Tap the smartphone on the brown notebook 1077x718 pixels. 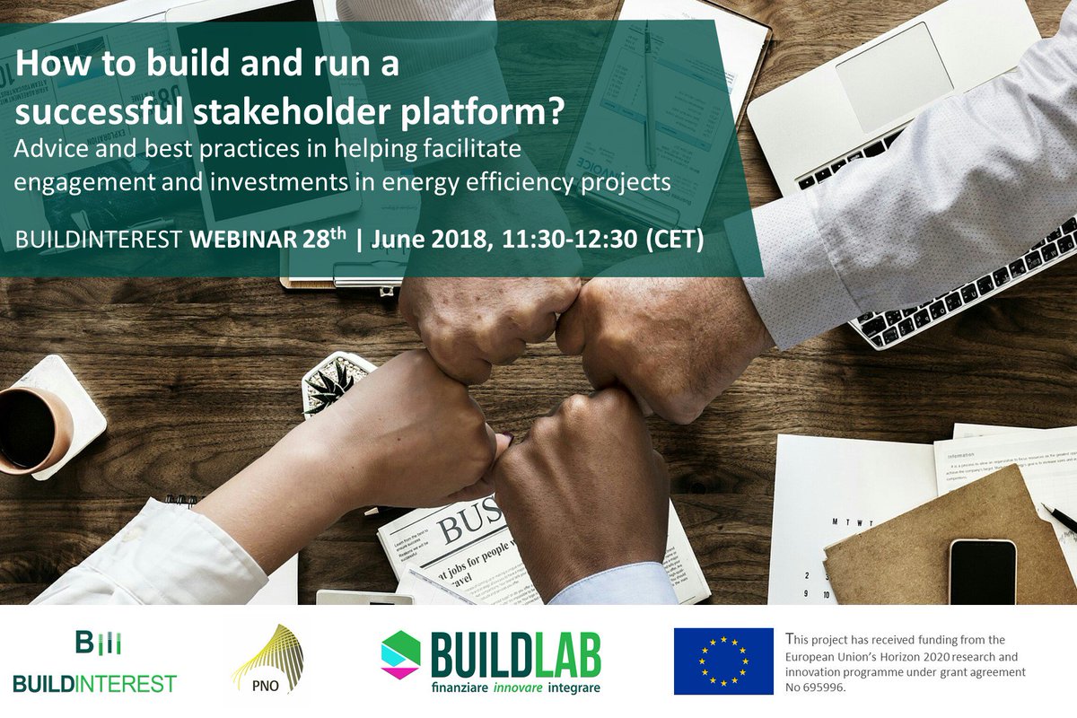tap(982, 571)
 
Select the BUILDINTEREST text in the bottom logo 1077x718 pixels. tap(94, 684)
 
